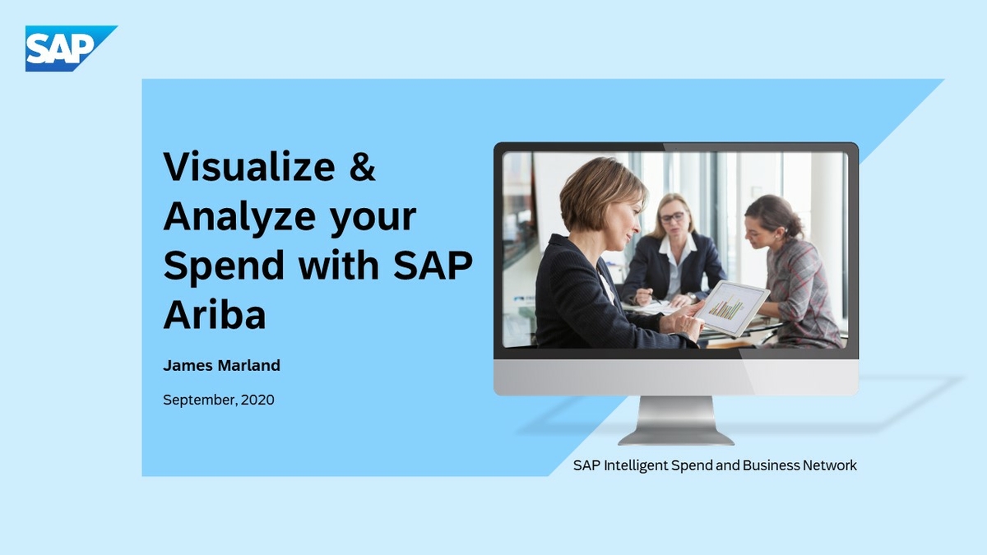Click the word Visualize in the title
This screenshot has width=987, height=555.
pos(249,167)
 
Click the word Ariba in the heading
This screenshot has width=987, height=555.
pos(214,315)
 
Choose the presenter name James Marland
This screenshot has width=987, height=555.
pos(221,366)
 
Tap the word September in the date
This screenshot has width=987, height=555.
pos(198,400)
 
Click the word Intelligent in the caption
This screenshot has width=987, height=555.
pos(635,466)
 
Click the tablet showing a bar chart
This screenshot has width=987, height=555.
pos(731,308)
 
